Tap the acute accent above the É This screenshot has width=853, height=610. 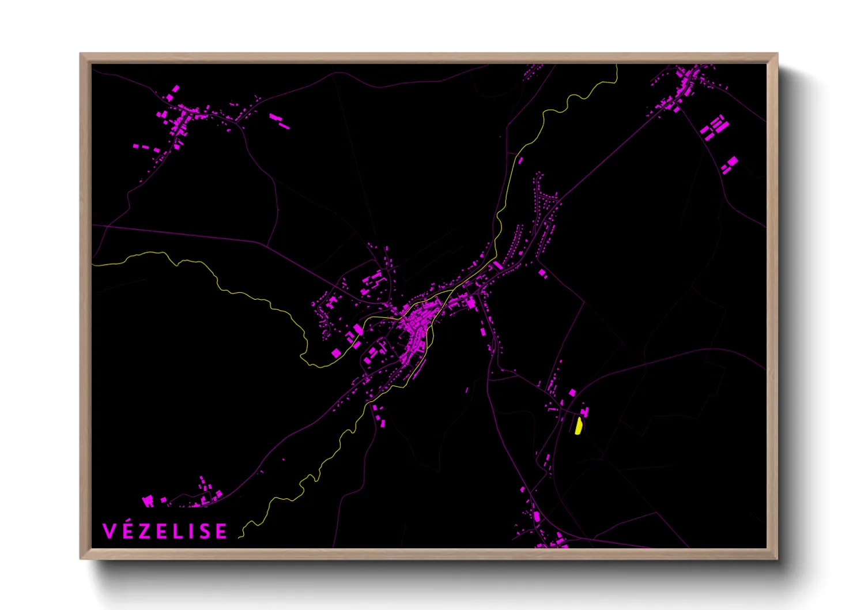[129, 522]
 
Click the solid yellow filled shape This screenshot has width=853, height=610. [578, 426]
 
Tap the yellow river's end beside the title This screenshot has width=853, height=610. [240, 537]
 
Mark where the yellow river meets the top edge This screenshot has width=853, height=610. [617, 66]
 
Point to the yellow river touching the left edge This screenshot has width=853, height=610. [93, 265]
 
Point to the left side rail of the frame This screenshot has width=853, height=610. [85, 306]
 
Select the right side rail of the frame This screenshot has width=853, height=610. [772, 306]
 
